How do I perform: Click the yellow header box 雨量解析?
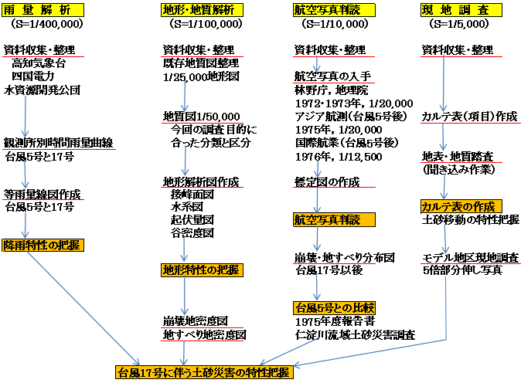click(x=43, y=10)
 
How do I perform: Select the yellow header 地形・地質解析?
click(x=202, y=10)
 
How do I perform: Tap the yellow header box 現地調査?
click(x=461, y=10)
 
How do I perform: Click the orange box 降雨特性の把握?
click(x=43, y=246)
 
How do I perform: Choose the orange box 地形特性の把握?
click(x=202, y=270)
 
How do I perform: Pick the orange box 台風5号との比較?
click(x=334, y=308)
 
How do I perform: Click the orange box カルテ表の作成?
click(x=461, y=206)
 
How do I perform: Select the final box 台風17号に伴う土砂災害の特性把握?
click(x=204, y=372)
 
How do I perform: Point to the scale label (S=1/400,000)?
click(x=46, y=24)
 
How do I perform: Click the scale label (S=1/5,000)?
click(x=459, y=24)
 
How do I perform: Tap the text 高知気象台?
click(x=39, y=63)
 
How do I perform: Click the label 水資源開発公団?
click(x=43, y=90)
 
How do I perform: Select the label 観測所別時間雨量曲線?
click(x=59, y=143)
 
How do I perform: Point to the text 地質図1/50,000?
click(x=201, y=117)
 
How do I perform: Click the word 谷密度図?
click(x=192, y=233)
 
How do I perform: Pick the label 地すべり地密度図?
click(x=204, y=335)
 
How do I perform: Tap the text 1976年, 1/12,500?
click(x=339, y=157)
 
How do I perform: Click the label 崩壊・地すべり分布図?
click(x=345, y=258)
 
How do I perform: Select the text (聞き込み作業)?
click(x=459, y=170)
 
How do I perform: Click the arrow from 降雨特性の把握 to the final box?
click(x=83, y=308)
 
